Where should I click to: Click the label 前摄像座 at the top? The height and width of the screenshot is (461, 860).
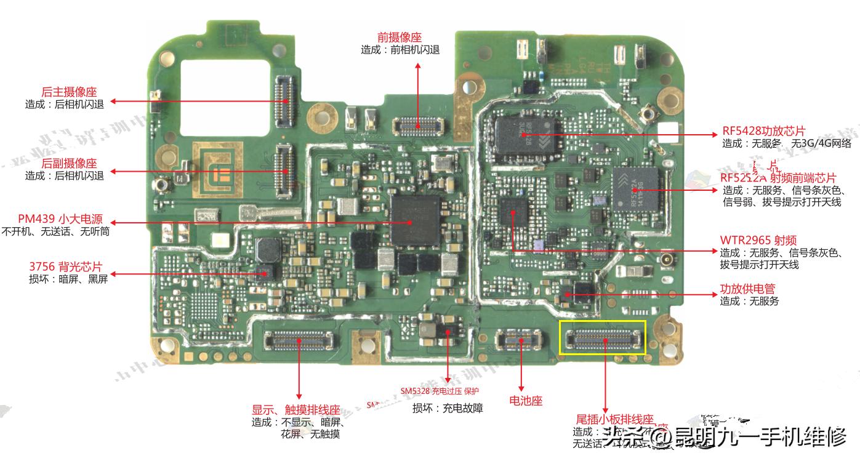click(x=400, y=38)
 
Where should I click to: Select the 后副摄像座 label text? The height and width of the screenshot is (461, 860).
click(x=69, y=163)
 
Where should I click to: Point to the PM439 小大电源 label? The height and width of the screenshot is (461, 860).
click(x=60, y=219)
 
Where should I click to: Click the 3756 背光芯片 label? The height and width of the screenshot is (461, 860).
click(x=65, y=267)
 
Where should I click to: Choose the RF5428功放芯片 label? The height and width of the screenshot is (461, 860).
click(x=764, y=131)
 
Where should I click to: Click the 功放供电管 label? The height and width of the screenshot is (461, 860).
click(x=748, y=289)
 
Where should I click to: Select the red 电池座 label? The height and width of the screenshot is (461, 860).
click(x=526, y=401)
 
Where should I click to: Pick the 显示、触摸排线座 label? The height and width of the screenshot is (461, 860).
click(x=296, y=410)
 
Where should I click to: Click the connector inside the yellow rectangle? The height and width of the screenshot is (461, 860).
click(x=603, y=337)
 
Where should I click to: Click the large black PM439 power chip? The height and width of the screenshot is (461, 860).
click(x=416, y=220)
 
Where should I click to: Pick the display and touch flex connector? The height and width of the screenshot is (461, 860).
click(x=299, y=337)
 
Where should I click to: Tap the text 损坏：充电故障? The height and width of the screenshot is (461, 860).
click(x=448, y=408)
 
